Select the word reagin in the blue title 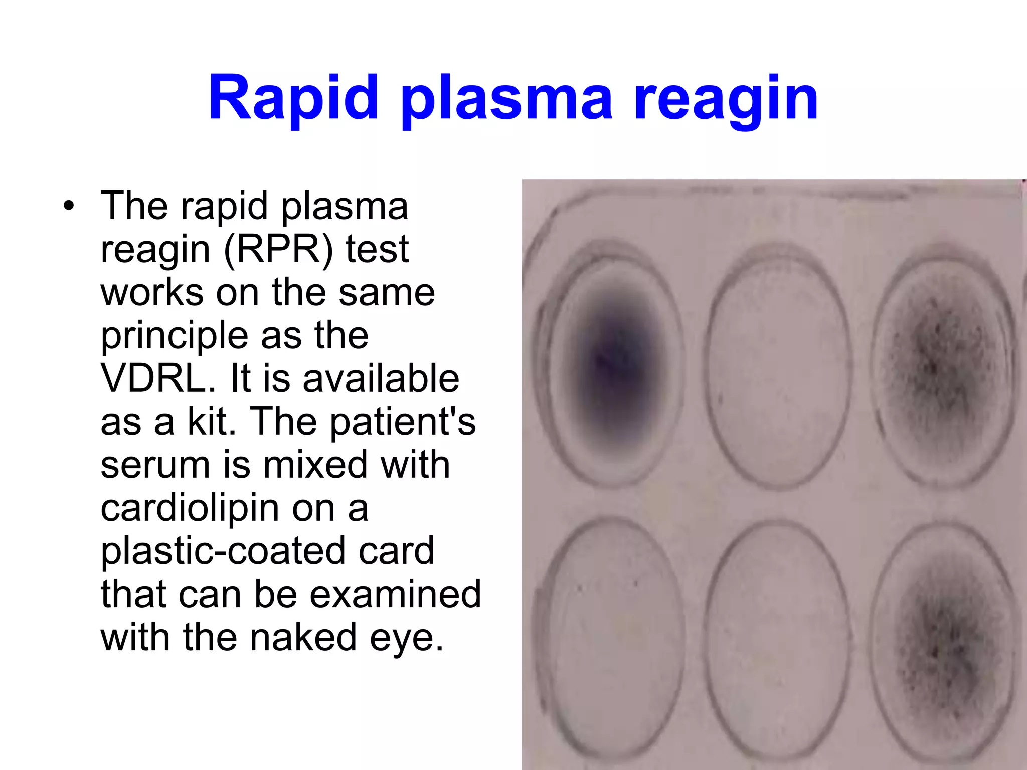pyautogui.click(x=726, y=99)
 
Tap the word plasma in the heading pyautogui.click(x=506, y=99)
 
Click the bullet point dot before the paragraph pyautogui.click(x=69, y=206)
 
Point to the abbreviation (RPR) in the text pyautogui.click(x=278, y=249)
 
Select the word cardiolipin pyautogui.click(x=190, y=508)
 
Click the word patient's pyautogui.click(x=403, y=422)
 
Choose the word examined pyautogui.click(x=395, y=594)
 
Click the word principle pyautogui.click(x=176, y=335)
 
